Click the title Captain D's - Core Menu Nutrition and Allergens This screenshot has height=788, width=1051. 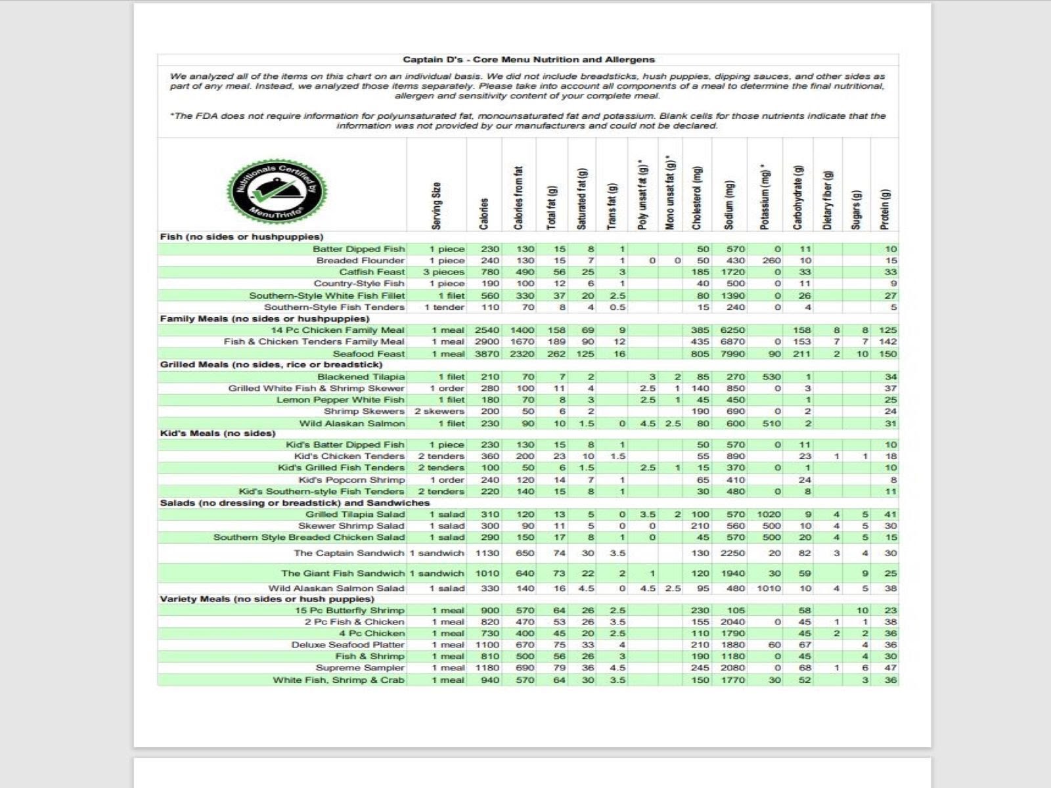[x=529, y=60]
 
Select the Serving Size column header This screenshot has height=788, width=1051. [x=437, y=206]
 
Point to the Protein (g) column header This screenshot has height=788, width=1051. [x=885, y=209]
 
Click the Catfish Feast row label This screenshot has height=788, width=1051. [x=372, y=272]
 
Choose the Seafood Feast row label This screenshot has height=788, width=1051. [x=369, y=354]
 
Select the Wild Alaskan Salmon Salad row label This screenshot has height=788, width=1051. [x=336, y=588]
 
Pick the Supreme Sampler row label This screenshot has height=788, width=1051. [x=360, y=668]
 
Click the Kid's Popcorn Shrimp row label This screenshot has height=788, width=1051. [x=351, y=480]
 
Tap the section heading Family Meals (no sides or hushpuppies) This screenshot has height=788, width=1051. [x=265, y=318]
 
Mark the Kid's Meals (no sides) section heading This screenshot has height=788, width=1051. [x=218, y=433]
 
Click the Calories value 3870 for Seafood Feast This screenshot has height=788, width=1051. [x=487, y=354]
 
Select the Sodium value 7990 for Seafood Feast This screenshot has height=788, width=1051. [x=732, y=354]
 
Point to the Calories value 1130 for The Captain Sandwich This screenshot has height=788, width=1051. [x=487, y=554]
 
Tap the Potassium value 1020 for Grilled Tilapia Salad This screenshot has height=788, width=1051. [x=769, y=515]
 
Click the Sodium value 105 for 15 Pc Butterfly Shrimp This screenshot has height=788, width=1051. [x=736, y=611]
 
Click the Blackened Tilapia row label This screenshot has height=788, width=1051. [x=361, y=377]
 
